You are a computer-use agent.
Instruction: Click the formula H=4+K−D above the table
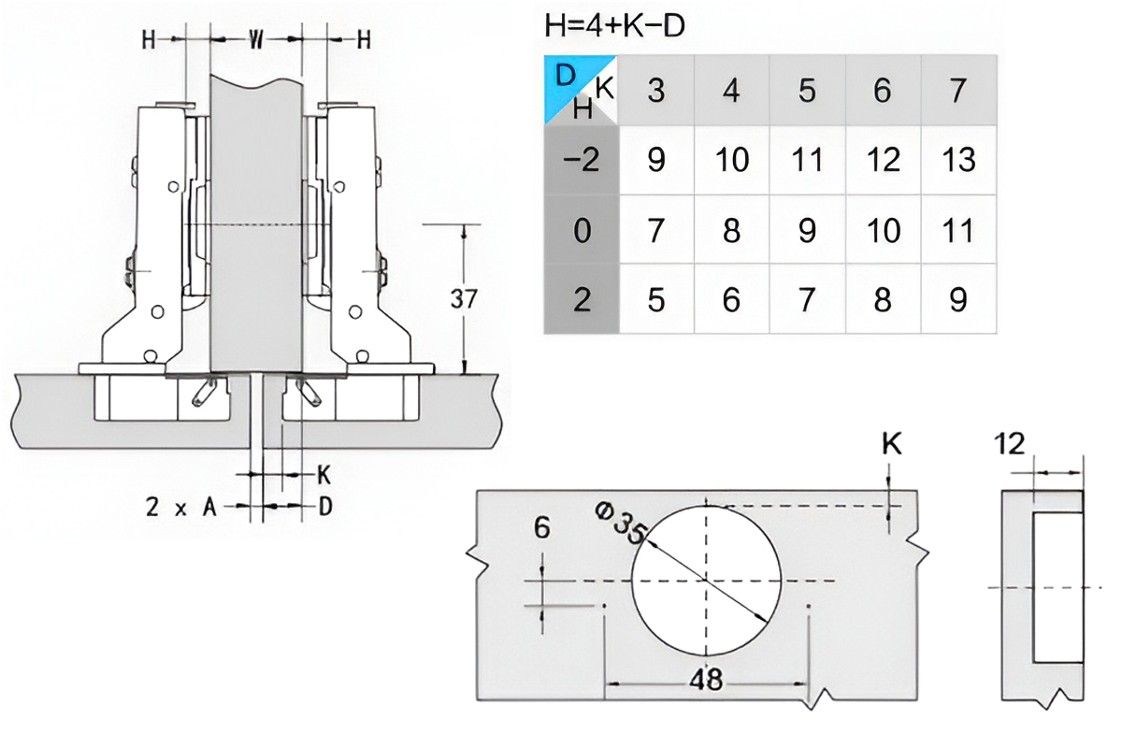click(614, 26)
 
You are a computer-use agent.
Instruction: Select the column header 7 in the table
click(957, 91)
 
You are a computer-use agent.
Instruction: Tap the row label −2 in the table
click(581, 160)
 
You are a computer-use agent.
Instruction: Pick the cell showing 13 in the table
click(958, 160)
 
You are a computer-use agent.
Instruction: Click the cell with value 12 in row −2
click(883, 160)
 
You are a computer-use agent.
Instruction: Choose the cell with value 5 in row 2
click(656, 300)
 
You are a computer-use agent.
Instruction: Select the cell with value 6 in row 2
click(731, 300)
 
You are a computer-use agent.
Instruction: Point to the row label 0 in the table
click(582, 230)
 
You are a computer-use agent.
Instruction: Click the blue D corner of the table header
click(566, 76)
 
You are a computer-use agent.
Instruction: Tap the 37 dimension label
click(464, 299)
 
